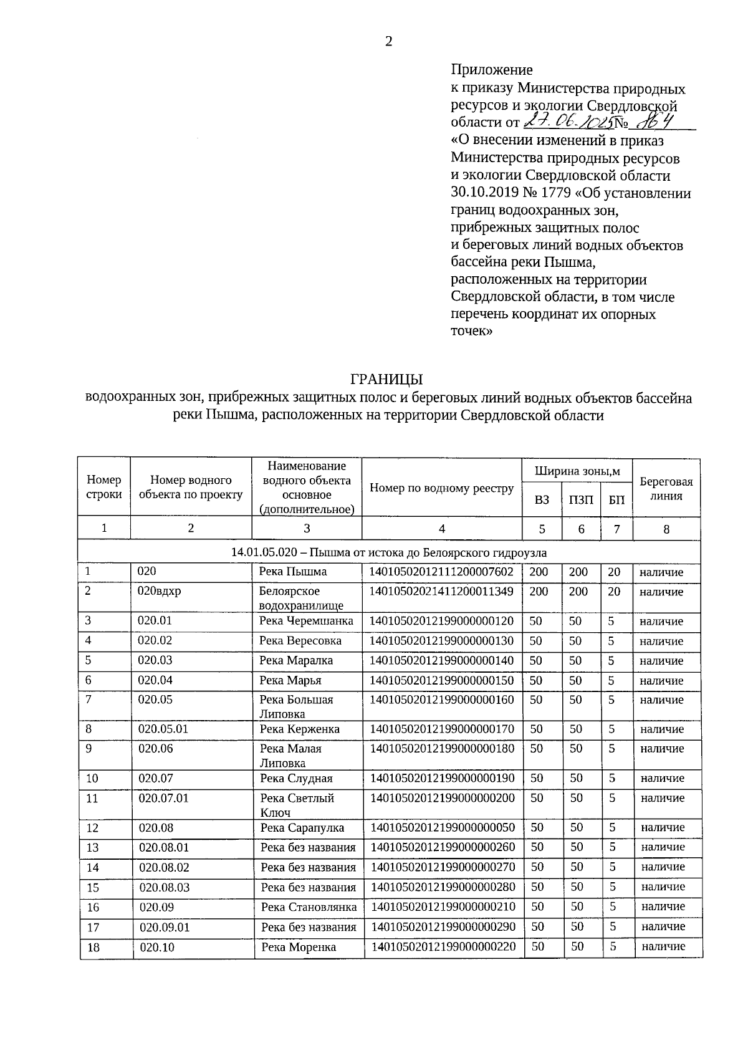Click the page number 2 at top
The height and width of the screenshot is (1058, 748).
[389, 42]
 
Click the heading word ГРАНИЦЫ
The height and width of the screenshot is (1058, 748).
[387, 379]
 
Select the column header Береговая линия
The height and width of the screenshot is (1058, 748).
[666, 489]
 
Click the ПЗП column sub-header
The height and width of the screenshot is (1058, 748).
[581, 501]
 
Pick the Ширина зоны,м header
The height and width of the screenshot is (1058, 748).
[578, 471]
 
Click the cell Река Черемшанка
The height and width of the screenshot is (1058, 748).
[307, 621]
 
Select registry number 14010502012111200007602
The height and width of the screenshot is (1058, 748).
[442, 572]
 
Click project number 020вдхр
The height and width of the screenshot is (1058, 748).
[160, 591]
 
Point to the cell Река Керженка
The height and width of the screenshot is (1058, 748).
[300, 729]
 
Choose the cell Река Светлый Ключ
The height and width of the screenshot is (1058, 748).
[298, 805]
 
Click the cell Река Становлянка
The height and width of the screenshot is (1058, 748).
[309, 907]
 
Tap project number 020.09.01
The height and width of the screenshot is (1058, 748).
[165, 927]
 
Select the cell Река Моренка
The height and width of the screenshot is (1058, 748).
[299, 947]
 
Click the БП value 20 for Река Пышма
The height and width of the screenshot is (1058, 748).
[614, 572]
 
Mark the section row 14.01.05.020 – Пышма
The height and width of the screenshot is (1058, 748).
[389, 552]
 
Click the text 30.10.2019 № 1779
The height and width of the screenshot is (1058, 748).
[511, 193]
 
